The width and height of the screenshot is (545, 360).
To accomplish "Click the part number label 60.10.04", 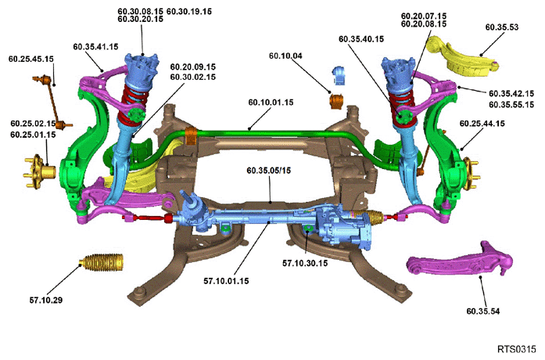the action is (285, 56).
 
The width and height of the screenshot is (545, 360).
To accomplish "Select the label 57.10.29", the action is (46, 300).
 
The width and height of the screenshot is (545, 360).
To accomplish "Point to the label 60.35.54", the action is (482, 311).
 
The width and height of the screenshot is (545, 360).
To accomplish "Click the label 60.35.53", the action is (501, 27).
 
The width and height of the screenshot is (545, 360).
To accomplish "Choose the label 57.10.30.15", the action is (305, 263).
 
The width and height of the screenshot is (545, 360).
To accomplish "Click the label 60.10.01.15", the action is (271, 103).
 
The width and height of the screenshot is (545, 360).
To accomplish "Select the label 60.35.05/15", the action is (269, 171).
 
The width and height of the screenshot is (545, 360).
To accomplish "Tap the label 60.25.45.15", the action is (31, 59).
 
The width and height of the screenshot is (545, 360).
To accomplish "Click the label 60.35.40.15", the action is (361, 39).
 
